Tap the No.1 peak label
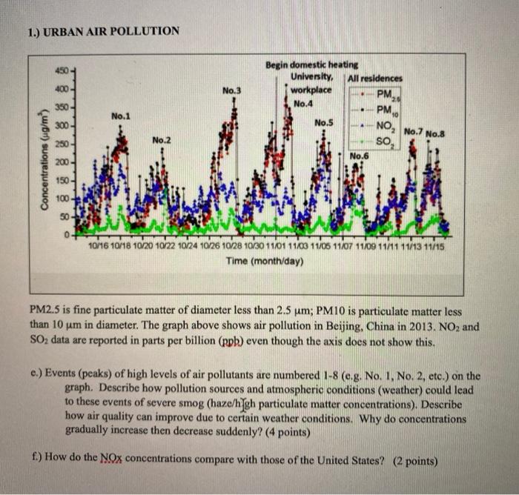[x=121, y=116]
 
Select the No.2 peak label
[x=162, y=140]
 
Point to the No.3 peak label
[x=231, y=91]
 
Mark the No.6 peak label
[x=359, y=156]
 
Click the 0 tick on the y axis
[x=65, y=236]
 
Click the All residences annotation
[x=375, y=78]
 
